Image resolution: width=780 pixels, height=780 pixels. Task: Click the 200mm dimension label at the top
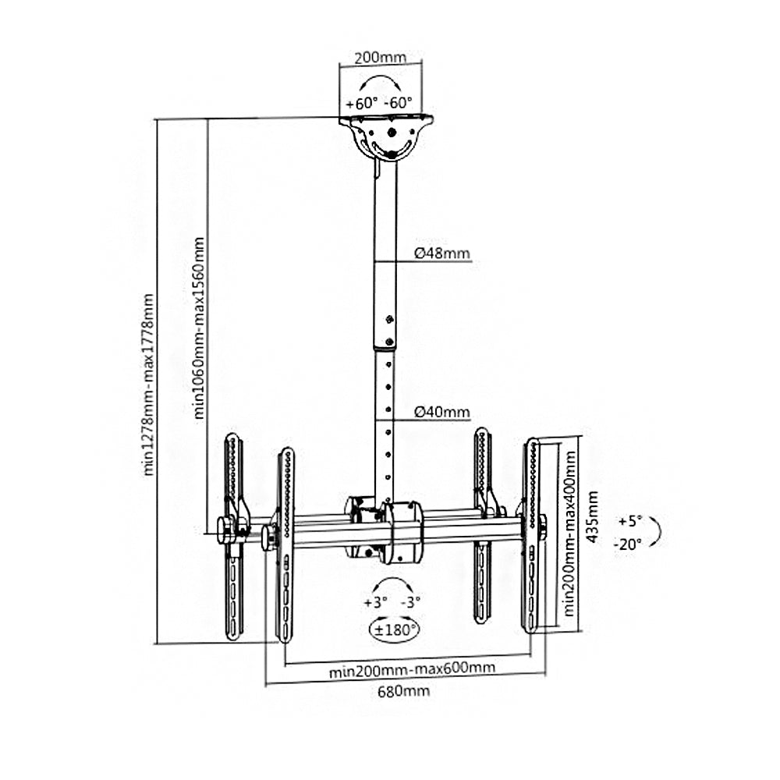click(x=380, y=58)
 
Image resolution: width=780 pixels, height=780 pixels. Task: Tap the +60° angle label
click(x=362, y=104)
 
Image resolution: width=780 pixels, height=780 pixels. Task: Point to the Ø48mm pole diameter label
click(x=442, y=253)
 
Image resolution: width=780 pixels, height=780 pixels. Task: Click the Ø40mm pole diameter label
click(x=442, y=412)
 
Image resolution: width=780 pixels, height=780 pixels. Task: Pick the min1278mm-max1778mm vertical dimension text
click(x=149, y=385)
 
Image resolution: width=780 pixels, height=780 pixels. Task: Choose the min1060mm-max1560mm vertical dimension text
click(x=199, y=328)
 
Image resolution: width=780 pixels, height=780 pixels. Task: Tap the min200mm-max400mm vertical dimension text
click(x=569, y=534)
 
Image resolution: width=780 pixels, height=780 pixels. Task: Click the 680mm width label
click(x=403, y=691)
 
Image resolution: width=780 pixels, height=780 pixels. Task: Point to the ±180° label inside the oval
click(x=395, y=630)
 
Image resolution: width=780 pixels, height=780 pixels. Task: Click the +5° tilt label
click(x=630, y=521)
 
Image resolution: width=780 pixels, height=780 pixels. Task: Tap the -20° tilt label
click(x=628, y=544)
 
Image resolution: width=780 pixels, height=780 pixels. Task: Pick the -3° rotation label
click(x=411, y=602)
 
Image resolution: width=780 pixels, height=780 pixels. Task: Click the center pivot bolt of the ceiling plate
click(x=392, y=133)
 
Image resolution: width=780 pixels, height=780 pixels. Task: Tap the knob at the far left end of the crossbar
click(x=225, y=530)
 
